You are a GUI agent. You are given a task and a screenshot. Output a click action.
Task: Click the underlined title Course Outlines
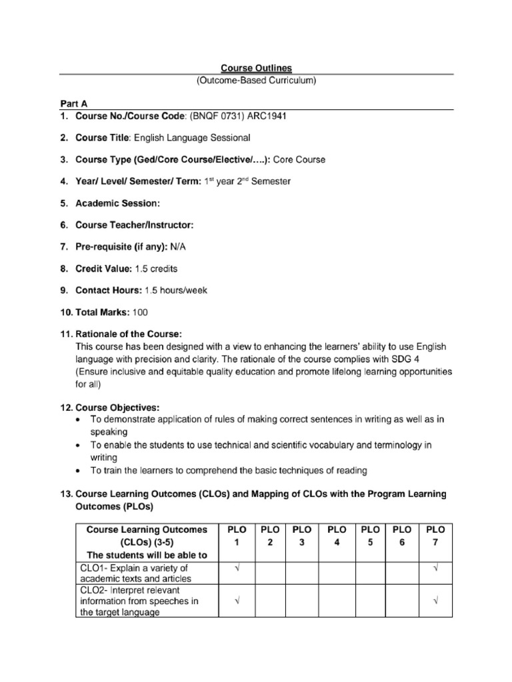(256, 68)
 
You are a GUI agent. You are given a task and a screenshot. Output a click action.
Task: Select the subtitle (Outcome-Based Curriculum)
(256, 81)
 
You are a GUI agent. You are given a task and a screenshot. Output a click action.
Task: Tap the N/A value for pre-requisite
(179, 247)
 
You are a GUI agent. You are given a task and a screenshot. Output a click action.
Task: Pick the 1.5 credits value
(156, 268)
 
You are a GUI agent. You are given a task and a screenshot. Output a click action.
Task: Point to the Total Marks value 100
(141, 312)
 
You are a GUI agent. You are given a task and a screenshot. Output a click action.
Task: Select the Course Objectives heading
(117, 407)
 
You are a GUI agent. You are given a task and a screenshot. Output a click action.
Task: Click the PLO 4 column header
(337, 535)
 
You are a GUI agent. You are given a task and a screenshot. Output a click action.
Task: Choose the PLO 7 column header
(435, 535)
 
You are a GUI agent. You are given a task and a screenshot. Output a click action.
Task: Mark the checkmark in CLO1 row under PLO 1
(237, 567)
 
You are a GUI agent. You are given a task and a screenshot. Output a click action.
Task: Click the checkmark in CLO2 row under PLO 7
(435, 601)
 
